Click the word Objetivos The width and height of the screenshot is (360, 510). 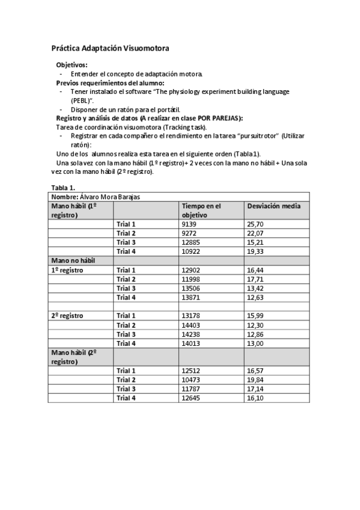[72, 64]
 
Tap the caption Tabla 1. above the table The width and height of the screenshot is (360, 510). [63, 188]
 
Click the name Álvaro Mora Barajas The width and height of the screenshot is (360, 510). [98, 197]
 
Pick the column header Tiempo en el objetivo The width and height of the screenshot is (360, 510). [201, 210]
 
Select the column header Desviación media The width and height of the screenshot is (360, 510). [273, 206]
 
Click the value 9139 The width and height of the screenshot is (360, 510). [189, 224]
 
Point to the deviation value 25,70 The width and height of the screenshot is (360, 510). [255, 224]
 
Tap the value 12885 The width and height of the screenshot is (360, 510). [191, 242]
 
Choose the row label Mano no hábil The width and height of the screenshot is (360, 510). [74, 260]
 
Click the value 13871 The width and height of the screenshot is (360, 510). [191, 297]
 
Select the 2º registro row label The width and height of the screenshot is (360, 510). [67, 316]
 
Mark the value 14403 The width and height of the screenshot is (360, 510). [191, 325]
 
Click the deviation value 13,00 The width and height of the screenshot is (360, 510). [255, 343]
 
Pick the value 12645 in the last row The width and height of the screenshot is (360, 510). [191, 398]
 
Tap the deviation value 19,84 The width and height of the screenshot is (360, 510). [255, 380]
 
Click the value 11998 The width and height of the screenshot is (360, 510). [191, 279]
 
